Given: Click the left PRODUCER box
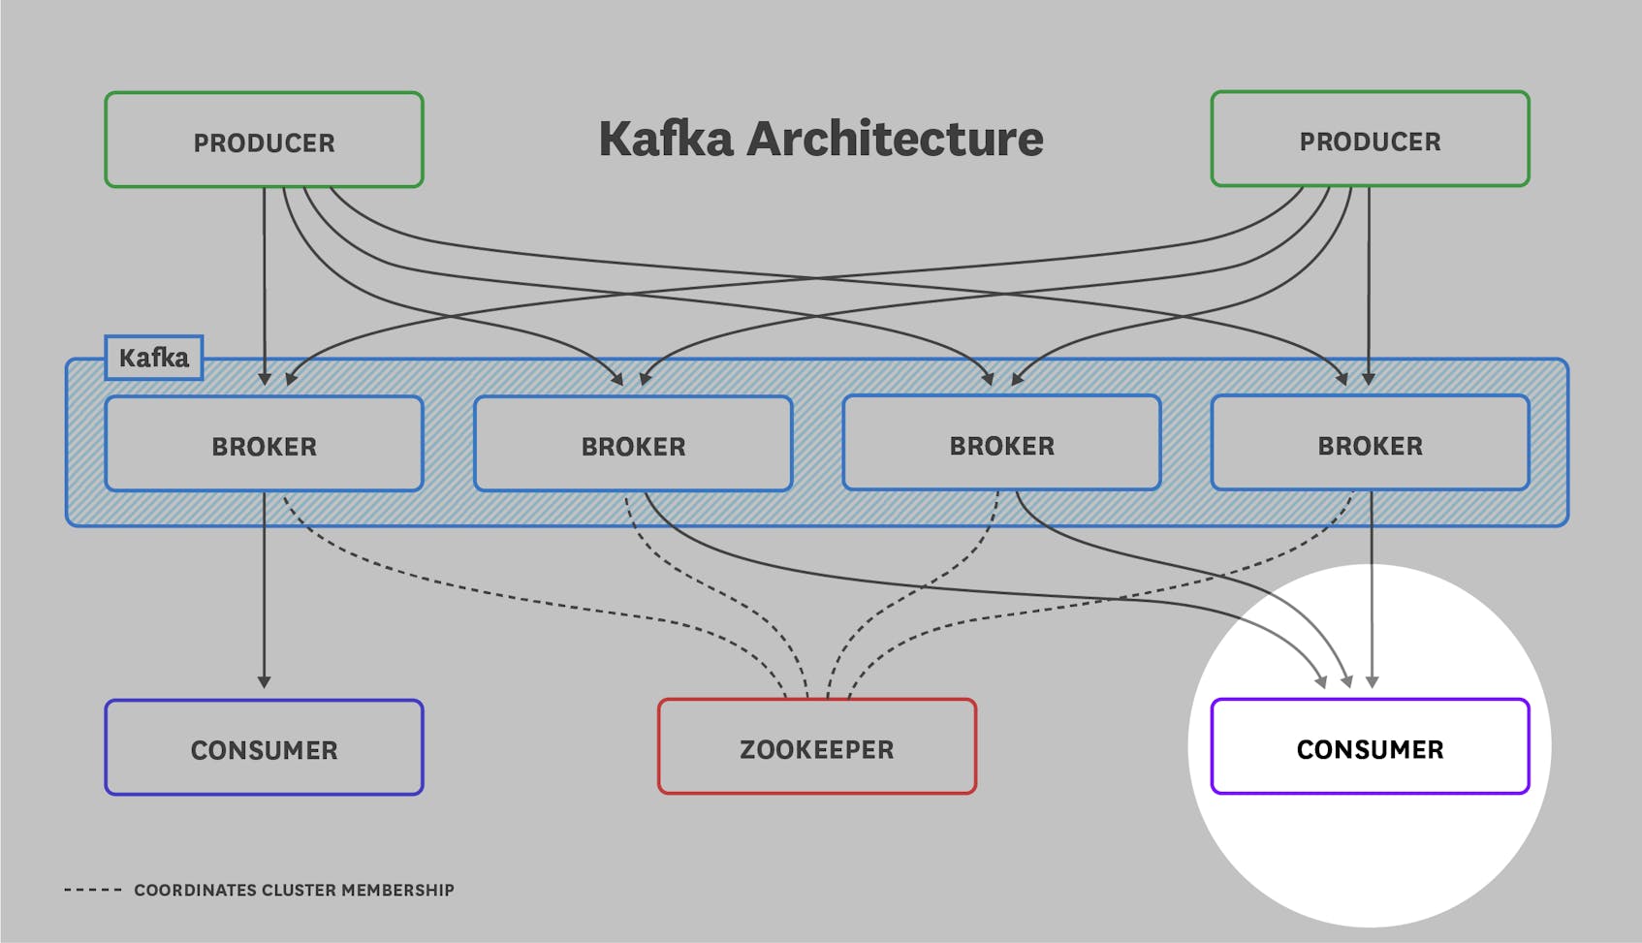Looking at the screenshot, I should (264, 140).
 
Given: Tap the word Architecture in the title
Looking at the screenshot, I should (894, 139).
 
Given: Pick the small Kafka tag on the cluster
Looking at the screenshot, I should (153, 358).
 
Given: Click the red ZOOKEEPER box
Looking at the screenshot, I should (816, 747).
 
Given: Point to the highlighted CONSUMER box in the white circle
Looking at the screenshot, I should (1370, 747).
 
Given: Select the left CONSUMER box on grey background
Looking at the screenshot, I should (264, 748).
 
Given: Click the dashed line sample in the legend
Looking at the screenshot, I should (93, 890).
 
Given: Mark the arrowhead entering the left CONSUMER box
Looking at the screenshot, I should (264, 682).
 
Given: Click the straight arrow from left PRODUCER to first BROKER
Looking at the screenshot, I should (264, 281).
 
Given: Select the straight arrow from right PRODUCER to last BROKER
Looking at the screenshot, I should (1369, 281).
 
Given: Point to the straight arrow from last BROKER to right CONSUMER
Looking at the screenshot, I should (1372, 591).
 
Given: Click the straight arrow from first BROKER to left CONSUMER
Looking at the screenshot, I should (264, 591).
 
